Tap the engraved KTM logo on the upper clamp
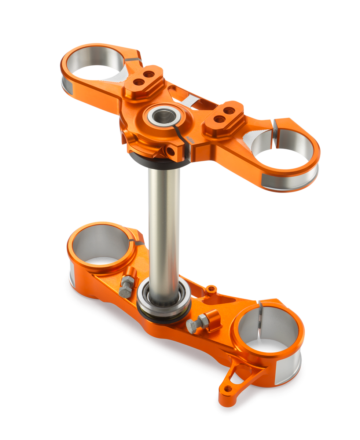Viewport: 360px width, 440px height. (x=190, y=138)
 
